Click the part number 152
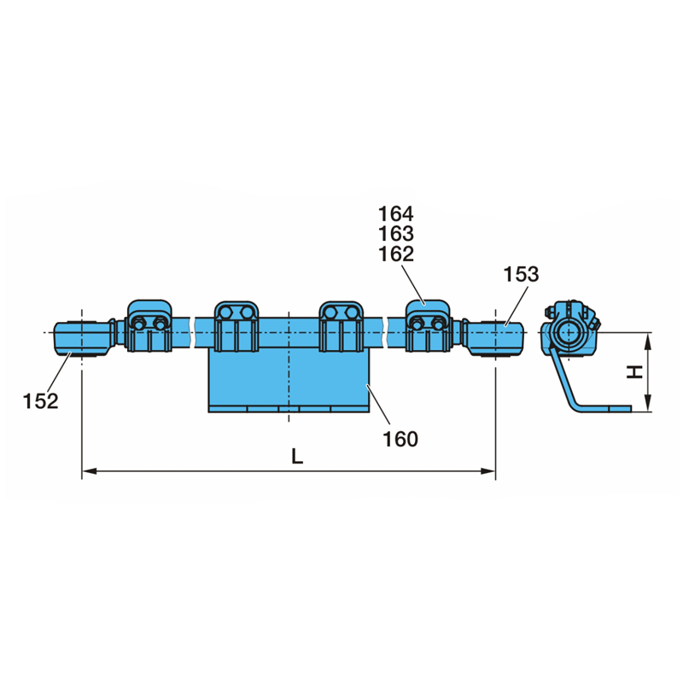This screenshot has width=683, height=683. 40,401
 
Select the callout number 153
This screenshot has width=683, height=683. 521,274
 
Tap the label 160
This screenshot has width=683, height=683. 400,439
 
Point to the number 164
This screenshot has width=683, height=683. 395,214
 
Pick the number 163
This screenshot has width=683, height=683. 395,234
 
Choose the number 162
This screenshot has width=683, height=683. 395,254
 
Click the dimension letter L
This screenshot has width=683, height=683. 297,457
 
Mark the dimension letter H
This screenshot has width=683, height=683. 634,372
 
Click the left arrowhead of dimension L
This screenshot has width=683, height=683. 90,471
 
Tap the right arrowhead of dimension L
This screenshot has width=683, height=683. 488,471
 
